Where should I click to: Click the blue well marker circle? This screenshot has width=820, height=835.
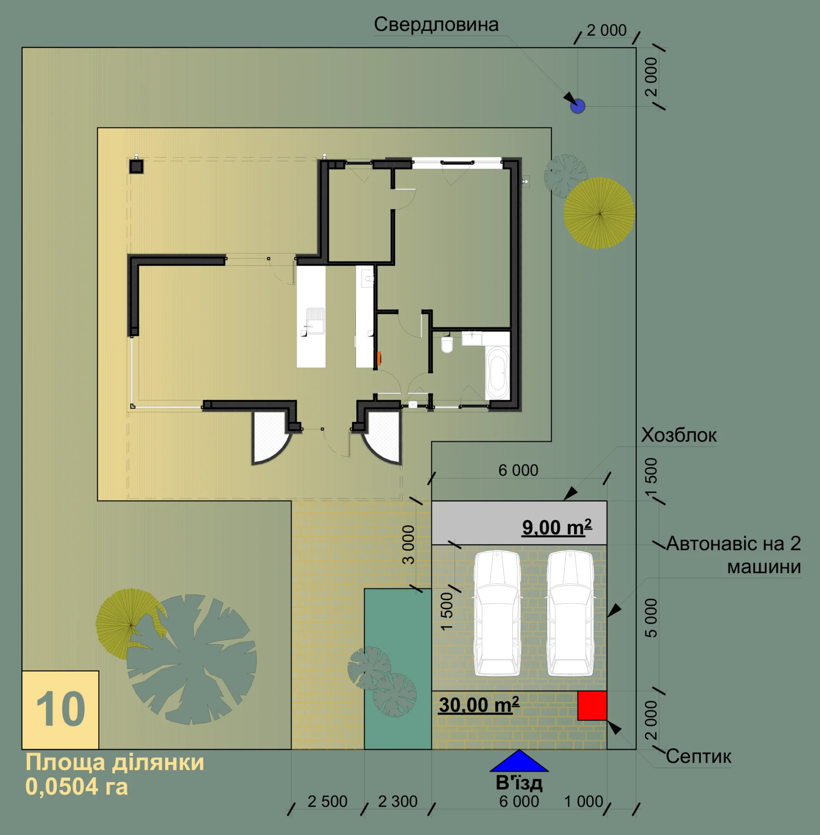coord(578,106)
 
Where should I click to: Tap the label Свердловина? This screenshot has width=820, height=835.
coord(436,24)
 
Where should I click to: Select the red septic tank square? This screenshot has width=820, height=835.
coord(592,705)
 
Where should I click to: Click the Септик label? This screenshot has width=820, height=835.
coord(698,756)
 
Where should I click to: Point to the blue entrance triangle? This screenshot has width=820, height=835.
coord(519,761)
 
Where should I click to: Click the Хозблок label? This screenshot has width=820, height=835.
coord(679,435)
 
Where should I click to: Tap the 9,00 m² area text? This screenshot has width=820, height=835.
coord(557,527)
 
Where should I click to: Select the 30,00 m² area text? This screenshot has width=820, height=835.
coord(479,705)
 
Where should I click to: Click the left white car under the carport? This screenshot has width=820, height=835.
coord(497,613)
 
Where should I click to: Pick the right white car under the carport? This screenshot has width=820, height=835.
coord(570,613)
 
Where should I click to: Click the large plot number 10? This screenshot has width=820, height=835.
coord(60,709)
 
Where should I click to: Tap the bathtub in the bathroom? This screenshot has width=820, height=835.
coord(498,373)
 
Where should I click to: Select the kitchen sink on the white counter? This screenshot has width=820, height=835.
coord(315,321)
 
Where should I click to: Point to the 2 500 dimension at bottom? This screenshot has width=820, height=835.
coord(327,802)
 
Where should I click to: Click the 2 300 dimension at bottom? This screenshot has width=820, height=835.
coord(398,802)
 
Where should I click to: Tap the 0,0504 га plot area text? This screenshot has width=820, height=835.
coord(76,787)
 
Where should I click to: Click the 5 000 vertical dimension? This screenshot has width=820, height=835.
coord(651,618)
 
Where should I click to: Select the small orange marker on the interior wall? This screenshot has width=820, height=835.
coord(379,358)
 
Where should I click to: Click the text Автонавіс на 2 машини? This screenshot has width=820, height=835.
coord(734,555)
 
